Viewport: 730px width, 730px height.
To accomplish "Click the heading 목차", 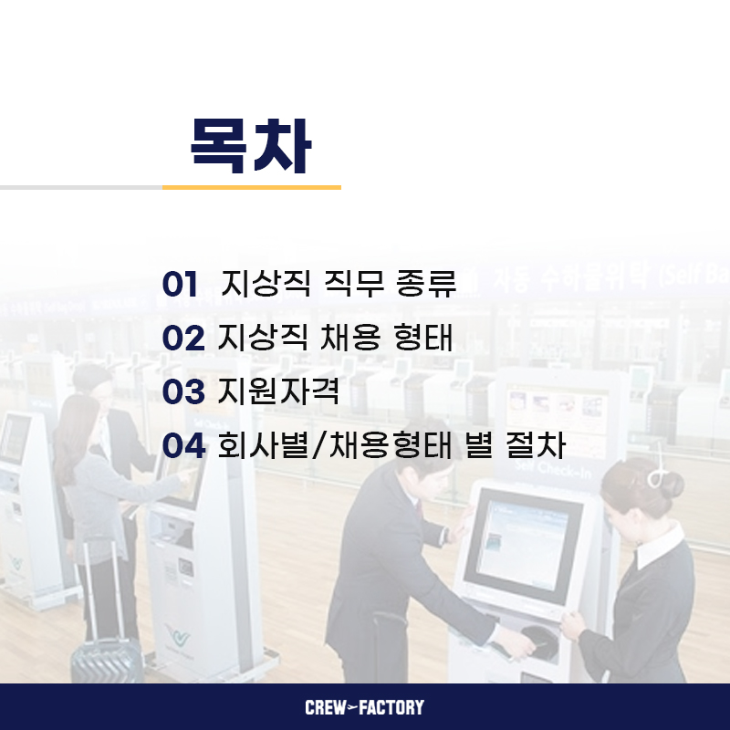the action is coord(251,146).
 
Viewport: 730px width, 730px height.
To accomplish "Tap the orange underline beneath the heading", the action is coord(252,188).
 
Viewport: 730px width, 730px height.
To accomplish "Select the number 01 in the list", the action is coord(180,284).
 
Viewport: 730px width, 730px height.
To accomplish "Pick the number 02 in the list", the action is coord(183,338).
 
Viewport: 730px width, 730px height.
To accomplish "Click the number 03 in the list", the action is coord(183,391).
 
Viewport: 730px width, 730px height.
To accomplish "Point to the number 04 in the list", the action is coord(183,445).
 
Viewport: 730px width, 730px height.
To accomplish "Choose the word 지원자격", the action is coord(278,391).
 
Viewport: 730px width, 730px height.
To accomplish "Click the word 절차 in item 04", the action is coord(536,445).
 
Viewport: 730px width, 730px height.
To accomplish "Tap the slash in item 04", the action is coord(318,445).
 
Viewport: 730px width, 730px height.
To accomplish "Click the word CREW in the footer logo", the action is coord(326,707).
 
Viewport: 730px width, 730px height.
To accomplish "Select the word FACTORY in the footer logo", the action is coord(391,707).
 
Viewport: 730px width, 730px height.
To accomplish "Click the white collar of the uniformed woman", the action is coord(660,548).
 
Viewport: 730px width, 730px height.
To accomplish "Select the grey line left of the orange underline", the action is coord(81,188).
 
